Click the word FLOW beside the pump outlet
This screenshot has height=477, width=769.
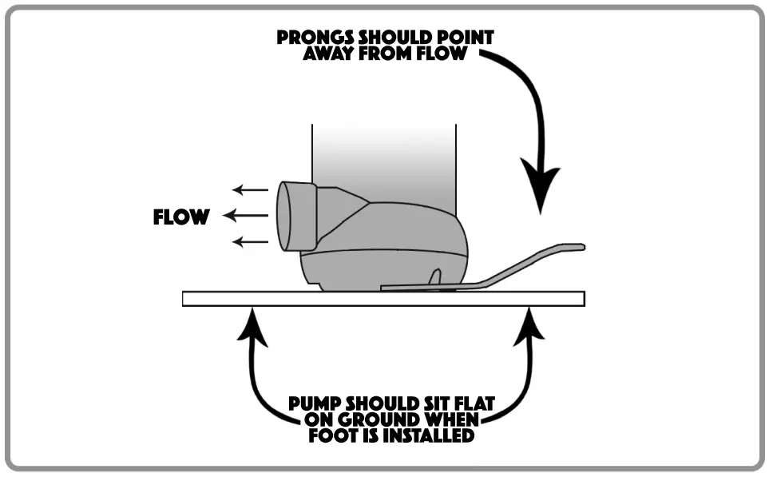pyautogui.click(x=181, y=217)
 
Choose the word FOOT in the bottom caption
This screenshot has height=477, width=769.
pyautogui.click(x=330, y=436)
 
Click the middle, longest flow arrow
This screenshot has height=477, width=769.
pyautogui.click(x=245, y=215)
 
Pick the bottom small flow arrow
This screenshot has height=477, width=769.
pyautogui.click(x=250, y=240)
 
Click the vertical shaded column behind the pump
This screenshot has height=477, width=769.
pyautogui.click(x=383, y=160)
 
